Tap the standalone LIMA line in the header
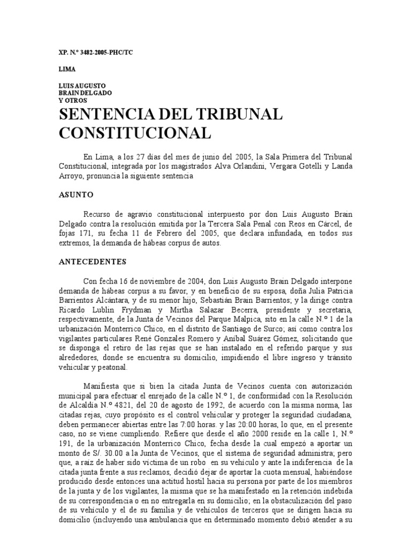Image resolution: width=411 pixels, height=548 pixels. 67,70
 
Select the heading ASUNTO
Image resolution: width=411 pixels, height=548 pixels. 76,195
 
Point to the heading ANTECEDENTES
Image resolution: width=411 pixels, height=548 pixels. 92,262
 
